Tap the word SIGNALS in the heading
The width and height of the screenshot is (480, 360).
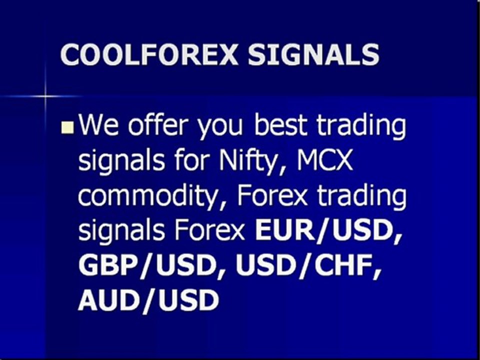pos(313,55)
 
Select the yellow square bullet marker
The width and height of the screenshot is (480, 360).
pos(68,129)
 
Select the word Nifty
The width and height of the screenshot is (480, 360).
pos(247,161)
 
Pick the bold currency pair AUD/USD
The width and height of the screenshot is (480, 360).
pos(148,301)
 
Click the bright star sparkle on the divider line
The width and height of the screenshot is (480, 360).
pos(45,95)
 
